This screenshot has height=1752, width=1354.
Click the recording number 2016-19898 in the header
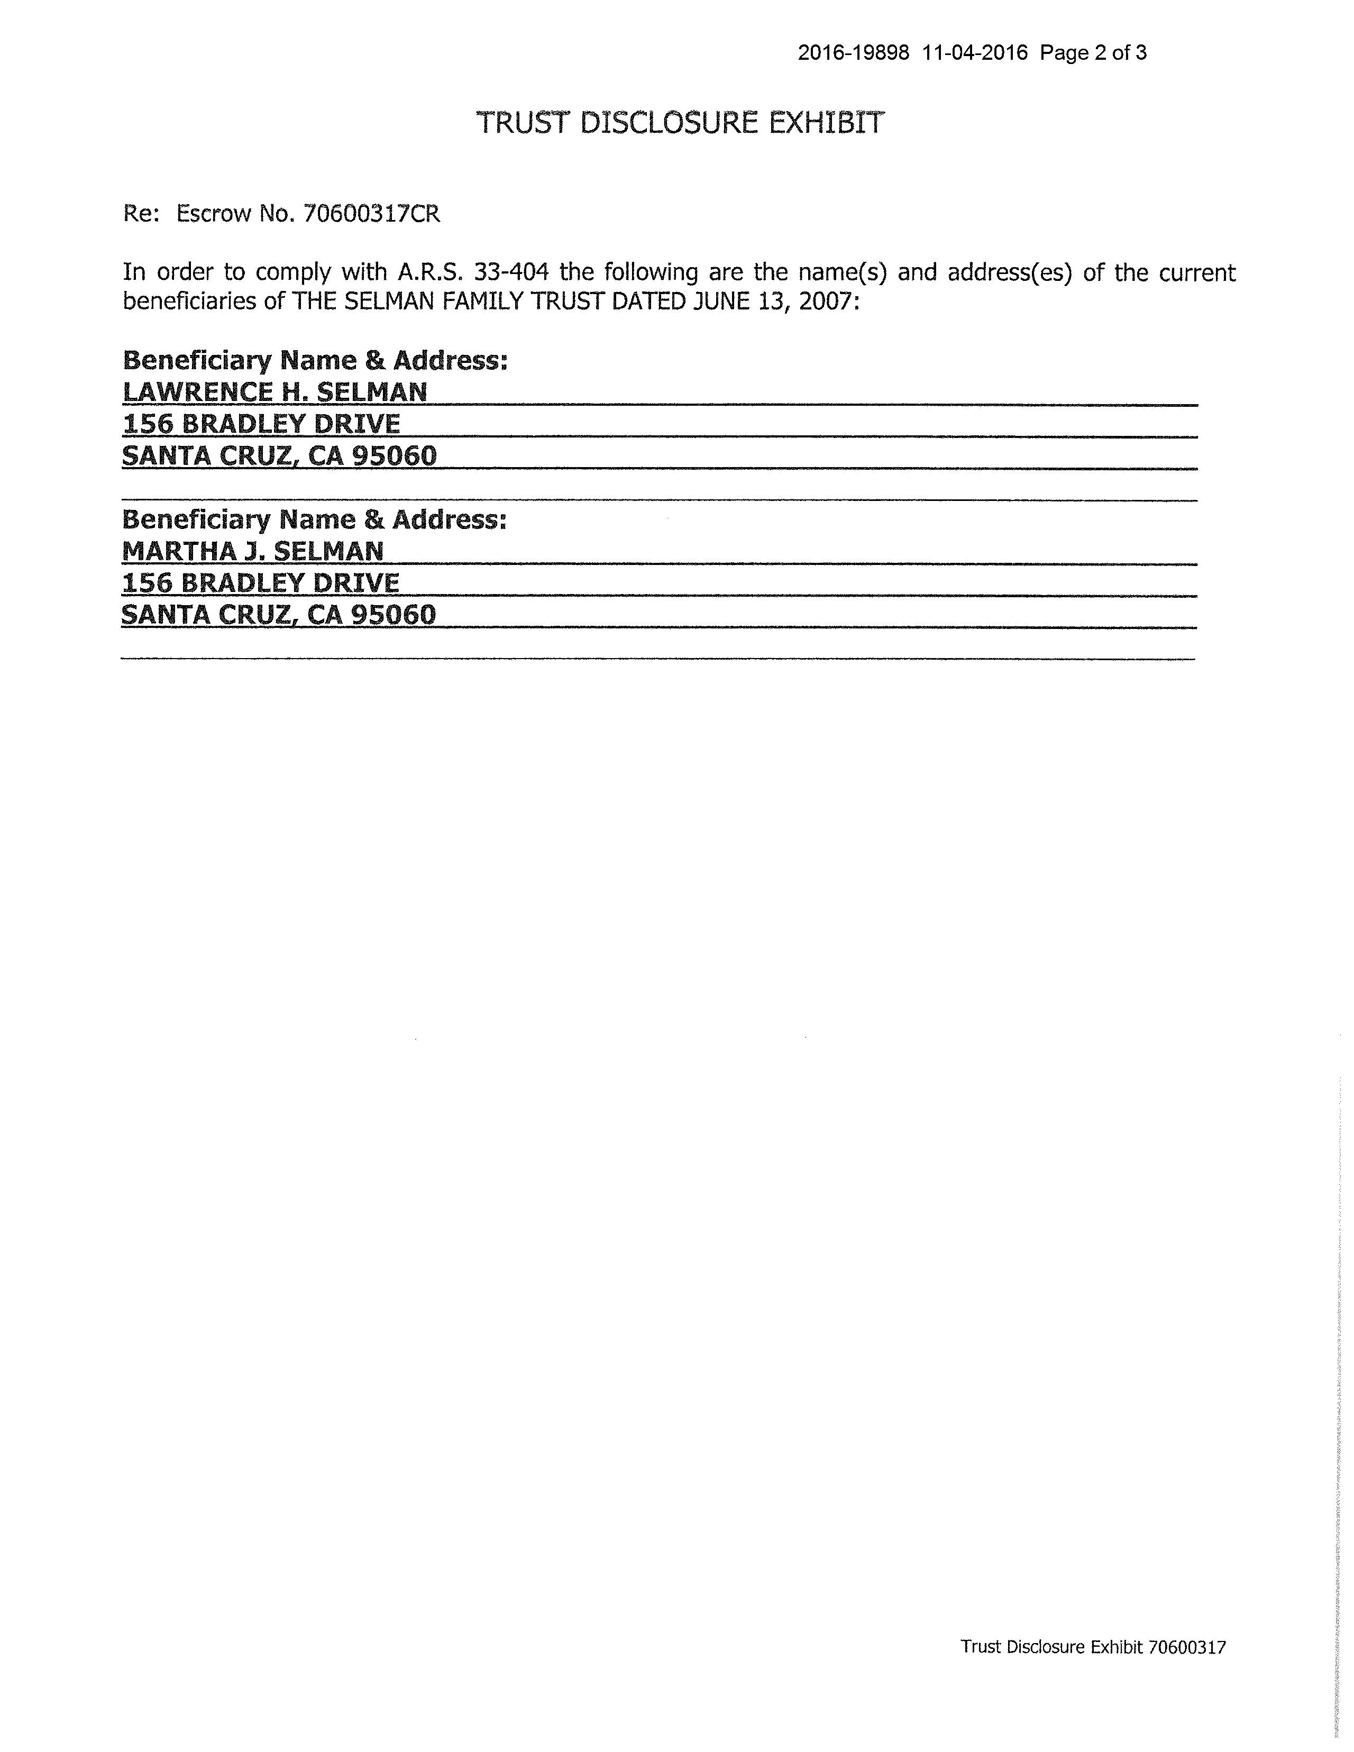854,53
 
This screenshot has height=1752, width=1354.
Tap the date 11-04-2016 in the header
975,53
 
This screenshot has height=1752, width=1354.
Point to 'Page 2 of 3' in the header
1093,53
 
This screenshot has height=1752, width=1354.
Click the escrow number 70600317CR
371,214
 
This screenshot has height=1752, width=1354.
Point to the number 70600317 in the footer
1187,1647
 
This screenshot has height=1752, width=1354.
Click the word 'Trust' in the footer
980,1647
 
